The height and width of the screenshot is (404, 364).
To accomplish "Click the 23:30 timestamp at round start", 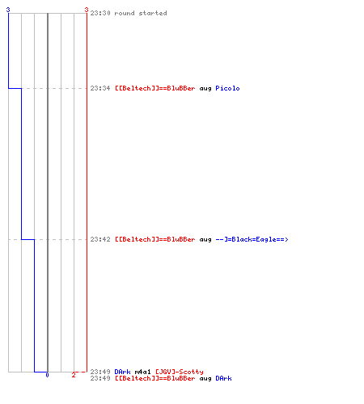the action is click(x=100, y=13).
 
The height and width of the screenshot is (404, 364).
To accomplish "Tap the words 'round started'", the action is click(x=141, y=13).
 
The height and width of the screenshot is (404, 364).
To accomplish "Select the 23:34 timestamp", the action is click(x=100, y=88).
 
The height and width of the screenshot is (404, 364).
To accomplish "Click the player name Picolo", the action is click(x=227, y=88).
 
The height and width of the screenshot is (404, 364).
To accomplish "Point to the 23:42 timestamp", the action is click(x=100, y=239).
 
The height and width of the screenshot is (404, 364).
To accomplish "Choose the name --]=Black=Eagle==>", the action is click(x=252, y=239).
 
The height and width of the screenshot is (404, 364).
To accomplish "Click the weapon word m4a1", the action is click(x=142, y=372).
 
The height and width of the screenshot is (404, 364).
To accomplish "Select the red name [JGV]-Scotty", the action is click(x=180, y=372).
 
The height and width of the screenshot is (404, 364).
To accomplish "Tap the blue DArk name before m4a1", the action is click(x=122, y=372).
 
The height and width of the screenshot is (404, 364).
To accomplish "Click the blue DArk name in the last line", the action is click(x=223, y=378).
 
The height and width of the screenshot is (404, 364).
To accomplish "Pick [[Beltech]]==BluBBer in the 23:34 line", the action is click(x=155, y=88).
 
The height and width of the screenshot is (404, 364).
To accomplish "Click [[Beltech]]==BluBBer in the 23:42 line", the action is click(x=155, y=239).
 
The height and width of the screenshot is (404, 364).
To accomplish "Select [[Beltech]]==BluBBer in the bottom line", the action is click(x=155, y=378).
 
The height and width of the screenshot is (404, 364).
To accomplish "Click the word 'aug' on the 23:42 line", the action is click(x=205, y=239).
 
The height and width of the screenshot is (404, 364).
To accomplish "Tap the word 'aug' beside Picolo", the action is click(x=205, y=88).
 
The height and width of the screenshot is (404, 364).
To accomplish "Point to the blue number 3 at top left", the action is click(x=8, y=10).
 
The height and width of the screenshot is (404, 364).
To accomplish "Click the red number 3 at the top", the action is click(x=87, y=10).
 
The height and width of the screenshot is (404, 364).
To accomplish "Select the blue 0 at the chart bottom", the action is click(x=47, y=375).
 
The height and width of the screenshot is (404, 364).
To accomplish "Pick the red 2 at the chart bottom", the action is click(x=74, y=375).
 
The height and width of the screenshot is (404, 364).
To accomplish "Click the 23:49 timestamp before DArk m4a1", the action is click(x=100, y=372).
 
